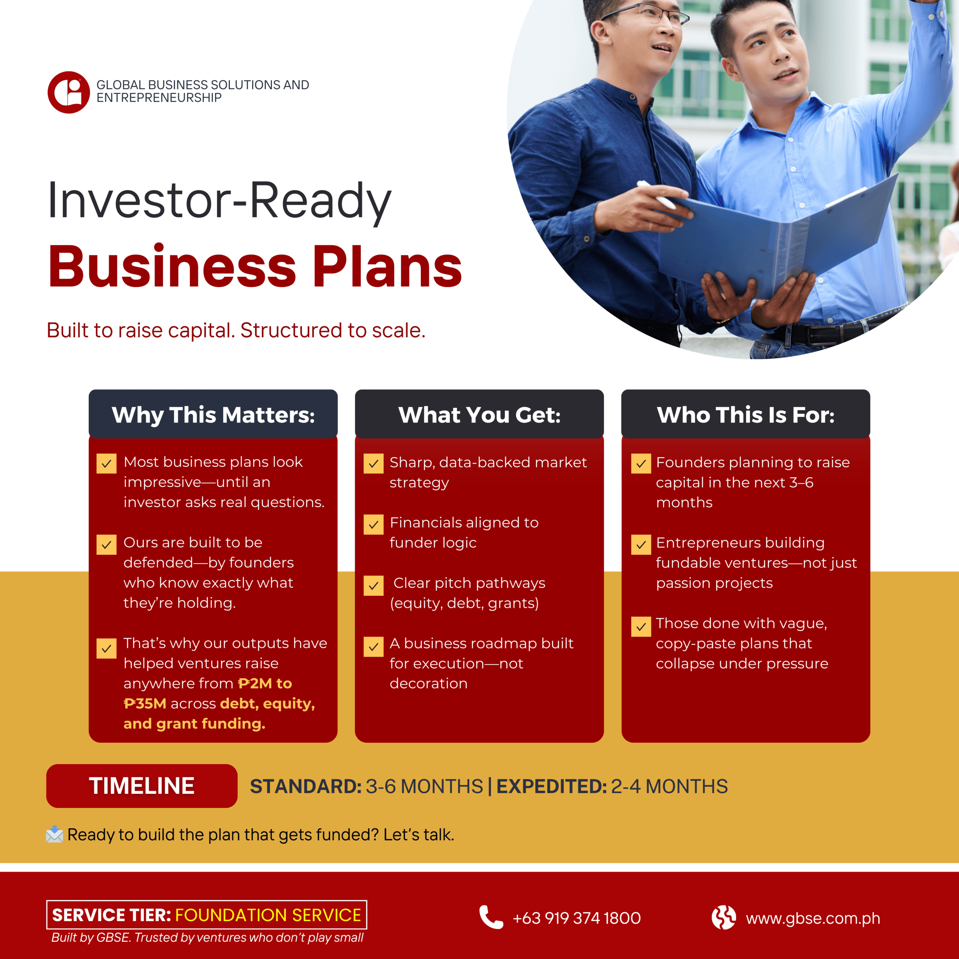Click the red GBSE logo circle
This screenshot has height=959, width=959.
(69, 92)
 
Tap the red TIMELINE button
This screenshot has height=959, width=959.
(142, 786)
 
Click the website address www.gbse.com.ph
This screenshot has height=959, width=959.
(813, 918)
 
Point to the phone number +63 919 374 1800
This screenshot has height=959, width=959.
(576, 918)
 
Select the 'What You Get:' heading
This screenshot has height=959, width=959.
(479, 415)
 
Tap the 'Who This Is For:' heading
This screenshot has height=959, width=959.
(745, 415)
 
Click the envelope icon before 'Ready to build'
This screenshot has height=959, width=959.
(55, 834)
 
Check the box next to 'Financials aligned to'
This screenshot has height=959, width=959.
(373, 524)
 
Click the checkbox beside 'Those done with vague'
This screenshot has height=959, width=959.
(641, 626)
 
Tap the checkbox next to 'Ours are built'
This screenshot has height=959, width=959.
(106, 545)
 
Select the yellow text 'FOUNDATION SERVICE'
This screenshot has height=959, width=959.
(268, 915)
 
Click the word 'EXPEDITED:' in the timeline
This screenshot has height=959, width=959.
(551, 786)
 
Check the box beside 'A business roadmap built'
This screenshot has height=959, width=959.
(373, 646)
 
